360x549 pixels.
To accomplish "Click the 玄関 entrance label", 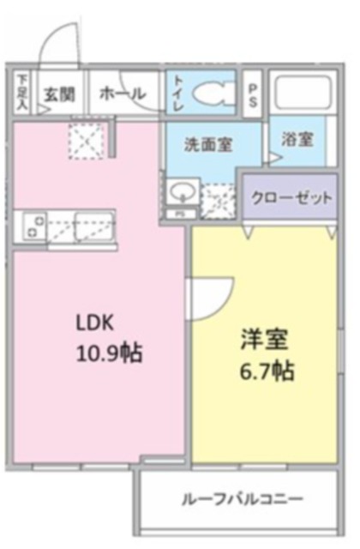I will click(x=57, y=94).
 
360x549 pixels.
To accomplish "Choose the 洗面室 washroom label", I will click(x=210, y=145).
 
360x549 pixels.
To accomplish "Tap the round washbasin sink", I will click(x=181, y=190).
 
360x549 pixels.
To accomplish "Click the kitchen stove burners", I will click(x=35, y=226).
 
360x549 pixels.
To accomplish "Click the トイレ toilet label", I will click(x=178, y=91).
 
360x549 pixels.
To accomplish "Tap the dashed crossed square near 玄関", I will click(x=86, y=137).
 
